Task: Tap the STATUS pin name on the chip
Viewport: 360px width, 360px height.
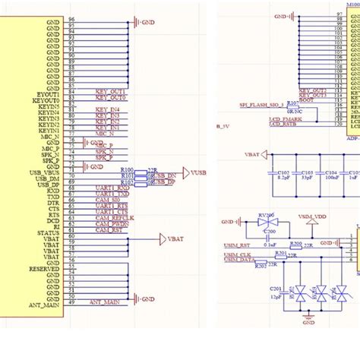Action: tap(49, 232)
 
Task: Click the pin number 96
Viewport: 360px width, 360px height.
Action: tap(71, 18)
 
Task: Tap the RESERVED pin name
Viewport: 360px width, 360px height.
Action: tap(45, 269)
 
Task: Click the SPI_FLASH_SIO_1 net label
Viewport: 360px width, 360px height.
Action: tap(261, 104)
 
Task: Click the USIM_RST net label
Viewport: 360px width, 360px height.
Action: tap(238, 246)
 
